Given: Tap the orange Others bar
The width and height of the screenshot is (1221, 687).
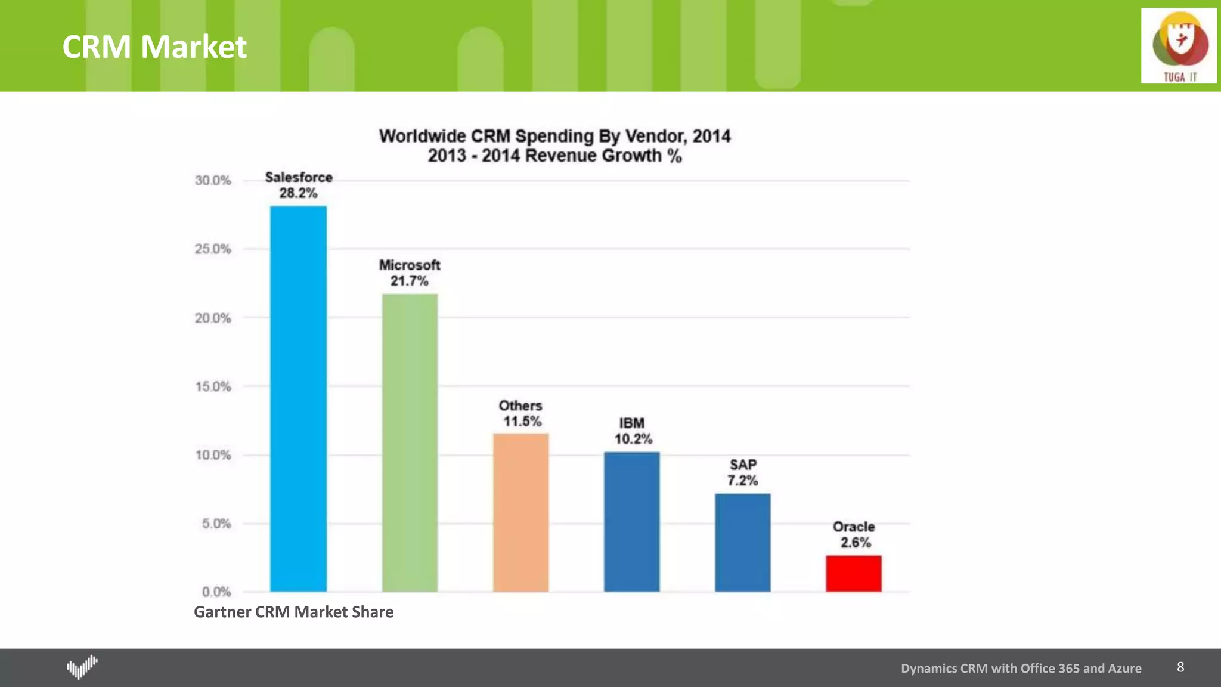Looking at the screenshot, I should pyautogui.click(x=520, y=512).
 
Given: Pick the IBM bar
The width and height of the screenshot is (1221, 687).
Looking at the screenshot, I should pyautogui.click(x=631, y=521).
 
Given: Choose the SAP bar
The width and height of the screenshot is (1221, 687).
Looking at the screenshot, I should pyautogui.click(x=742, y=542).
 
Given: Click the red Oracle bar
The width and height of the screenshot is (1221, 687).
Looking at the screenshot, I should pyautogui.click(x=853, y=573).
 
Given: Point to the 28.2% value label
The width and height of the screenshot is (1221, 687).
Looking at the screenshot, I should pyautogui.click(x=298, y=193).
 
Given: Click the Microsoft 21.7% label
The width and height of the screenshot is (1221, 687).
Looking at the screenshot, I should pyautogui.click(x=410, y=273).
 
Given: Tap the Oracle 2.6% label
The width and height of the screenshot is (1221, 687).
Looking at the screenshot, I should pyautogui.click(x=854, y=535).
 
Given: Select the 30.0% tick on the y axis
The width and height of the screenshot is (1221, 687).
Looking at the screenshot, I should pyautogui.click(x=213, y=180).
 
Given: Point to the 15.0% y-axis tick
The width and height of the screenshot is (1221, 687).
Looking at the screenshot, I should pyautogui.click(x=213, y=386).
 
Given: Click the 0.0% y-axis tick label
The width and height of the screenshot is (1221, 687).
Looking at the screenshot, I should pyautogui.click(x=216, y=592).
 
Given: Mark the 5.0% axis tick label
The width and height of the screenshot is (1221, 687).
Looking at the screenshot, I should pyautogui.click(x=216, y=524).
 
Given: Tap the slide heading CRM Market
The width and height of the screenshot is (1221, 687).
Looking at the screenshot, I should pyautogui.click(x=154, y=47).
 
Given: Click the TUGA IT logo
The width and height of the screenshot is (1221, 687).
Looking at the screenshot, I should pyautogui.click(x=1179, y=46).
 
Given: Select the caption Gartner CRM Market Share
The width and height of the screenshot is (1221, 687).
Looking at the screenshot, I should pyautogui.click(x=293, y=612).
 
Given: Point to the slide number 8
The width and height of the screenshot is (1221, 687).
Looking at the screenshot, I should pyautogui.click(x=1180, y=667).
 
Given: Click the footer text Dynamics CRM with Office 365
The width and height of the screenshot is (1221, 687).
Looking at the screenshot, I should pyautogui.click(x=1021, y=669).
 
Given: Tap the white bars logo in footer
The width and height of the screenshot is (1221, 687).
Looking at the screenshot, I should pyautogui.click(x=82, y=667).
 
